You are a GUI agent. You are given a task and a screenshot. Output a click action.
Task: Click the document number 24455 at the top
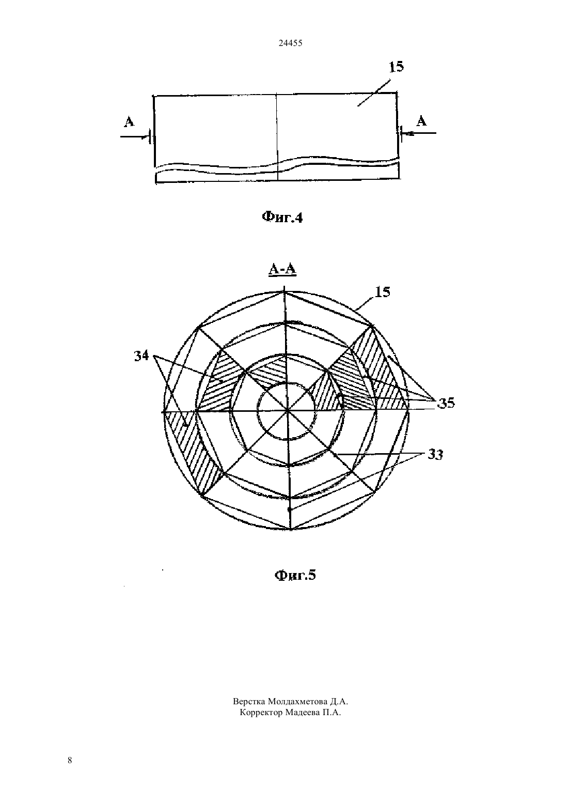(x=290, y=43)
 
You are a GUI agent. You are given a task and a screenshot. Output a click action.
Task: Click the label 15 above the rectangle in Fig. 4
(x=396, y=67)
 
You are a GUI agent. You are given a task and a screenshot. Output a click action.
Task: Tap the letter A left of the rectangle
(x=129, y=121)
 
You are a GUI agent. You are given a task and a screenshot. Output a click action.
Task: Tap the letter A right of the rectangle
(x=422, y=120)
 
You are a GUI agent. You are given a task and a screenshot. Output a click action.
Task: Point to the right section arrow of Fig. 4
(x=418, y=133)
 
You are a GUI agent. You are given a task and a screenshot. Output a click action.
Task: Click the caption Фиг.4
(x=282, y=217)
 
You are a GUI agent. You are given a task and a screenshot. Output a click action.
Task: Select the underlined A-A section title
(x=282, y=270)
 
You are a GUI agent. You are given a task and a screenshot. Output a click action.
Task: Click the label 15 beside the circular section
(x=382, y=292)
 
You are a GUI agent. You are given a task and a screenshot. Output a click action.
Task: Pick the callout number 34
(x=141, y=355)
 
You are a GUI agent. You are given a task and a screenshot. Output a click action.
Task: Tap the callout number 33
(x=435, y=455)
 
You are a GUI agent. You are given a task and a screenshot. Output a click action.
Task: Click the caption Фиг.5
(x=295, y=575)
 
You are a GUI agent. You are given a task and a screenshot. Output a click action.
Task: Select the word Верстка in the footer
(x=249, y=701)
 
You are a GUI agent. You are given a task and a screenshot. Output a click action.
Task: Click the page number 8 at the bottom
(x=70, y=760)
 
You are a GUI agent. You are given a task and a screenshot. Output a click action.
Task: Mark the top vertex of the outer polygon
(x=285, y=291)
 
